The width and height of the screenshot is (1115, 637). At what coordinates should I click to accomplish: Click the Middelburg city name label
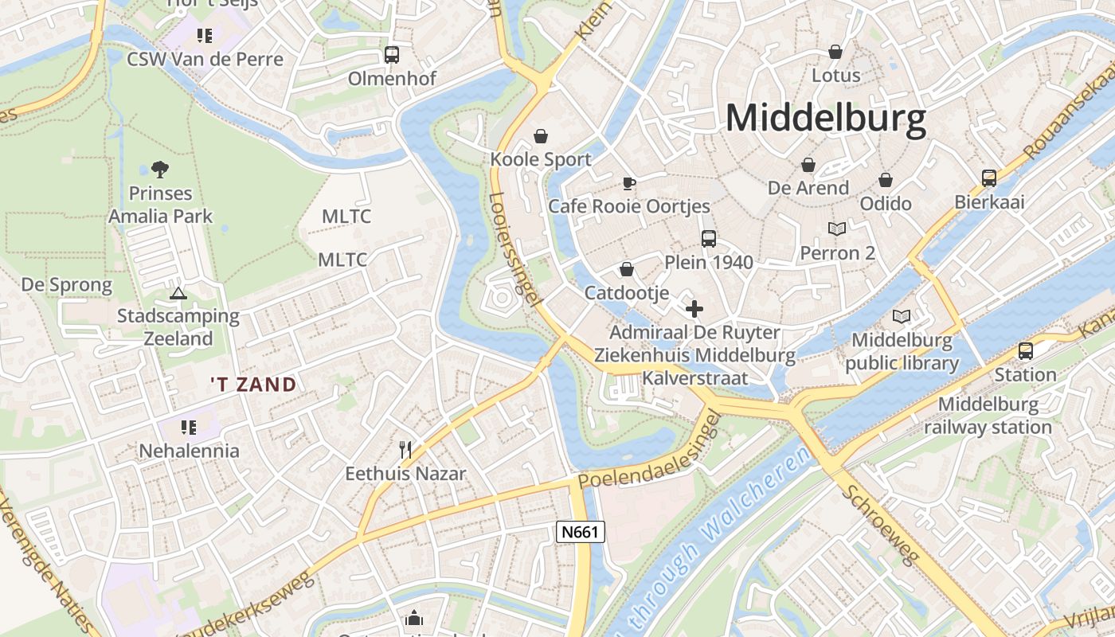pos(826,119)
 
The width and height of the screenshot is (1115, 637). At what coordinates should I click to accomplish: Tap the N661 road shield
pos(580,532)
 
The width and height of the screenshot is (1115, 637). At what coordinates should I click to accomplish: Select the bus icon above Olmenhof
pos(391,55)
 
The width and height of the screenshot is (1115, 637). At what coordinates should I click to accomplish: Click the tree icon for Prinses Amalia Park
pos(160,169)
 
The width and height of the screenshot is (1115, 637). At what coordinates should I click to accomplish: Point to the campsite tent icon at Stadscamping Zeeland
pos(178,293)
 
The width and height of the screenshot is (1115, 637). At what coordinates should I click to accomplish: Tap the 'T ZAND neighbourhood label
pos(253,385)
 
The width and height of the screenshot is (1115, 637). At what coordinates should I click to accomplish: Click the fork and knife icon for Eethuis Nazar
pos(405,450)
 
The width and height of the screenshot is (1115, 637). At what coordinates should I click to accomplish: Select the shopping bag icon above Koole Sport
pos(541,136)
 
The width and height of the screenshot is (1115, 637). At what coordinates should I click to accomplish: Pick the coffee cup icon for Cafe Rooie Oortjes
pos(628,184)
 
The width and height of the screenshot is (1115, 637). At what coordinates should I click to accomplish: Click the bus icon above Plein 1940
pos(708,239)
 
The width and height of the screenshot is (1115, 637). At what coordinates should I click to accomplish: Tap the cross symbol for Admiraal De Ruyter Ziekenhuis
pos(694,309)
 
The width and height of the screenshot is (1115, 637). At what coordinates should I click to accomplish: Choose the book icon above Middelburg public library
pos(902,317)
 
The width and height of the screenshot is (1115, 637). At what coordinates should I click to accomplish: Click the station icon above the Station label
pos(1025,351)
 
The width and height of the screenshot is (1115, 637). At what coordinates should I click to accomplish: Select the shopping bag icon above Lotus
pos(835,53)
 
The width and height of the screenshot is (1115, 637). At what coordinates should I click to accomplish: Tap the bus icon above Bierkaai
pos(988,178)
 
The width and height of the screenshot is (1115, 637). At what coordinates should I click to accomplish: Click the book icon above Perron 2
pos(836,229)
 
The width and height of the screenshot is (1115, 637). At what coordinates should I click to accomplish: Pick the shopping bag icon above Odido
pos(885,180)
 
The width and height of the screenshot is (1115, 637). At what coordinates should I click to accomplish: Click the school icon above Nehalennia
pos(189,428)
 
